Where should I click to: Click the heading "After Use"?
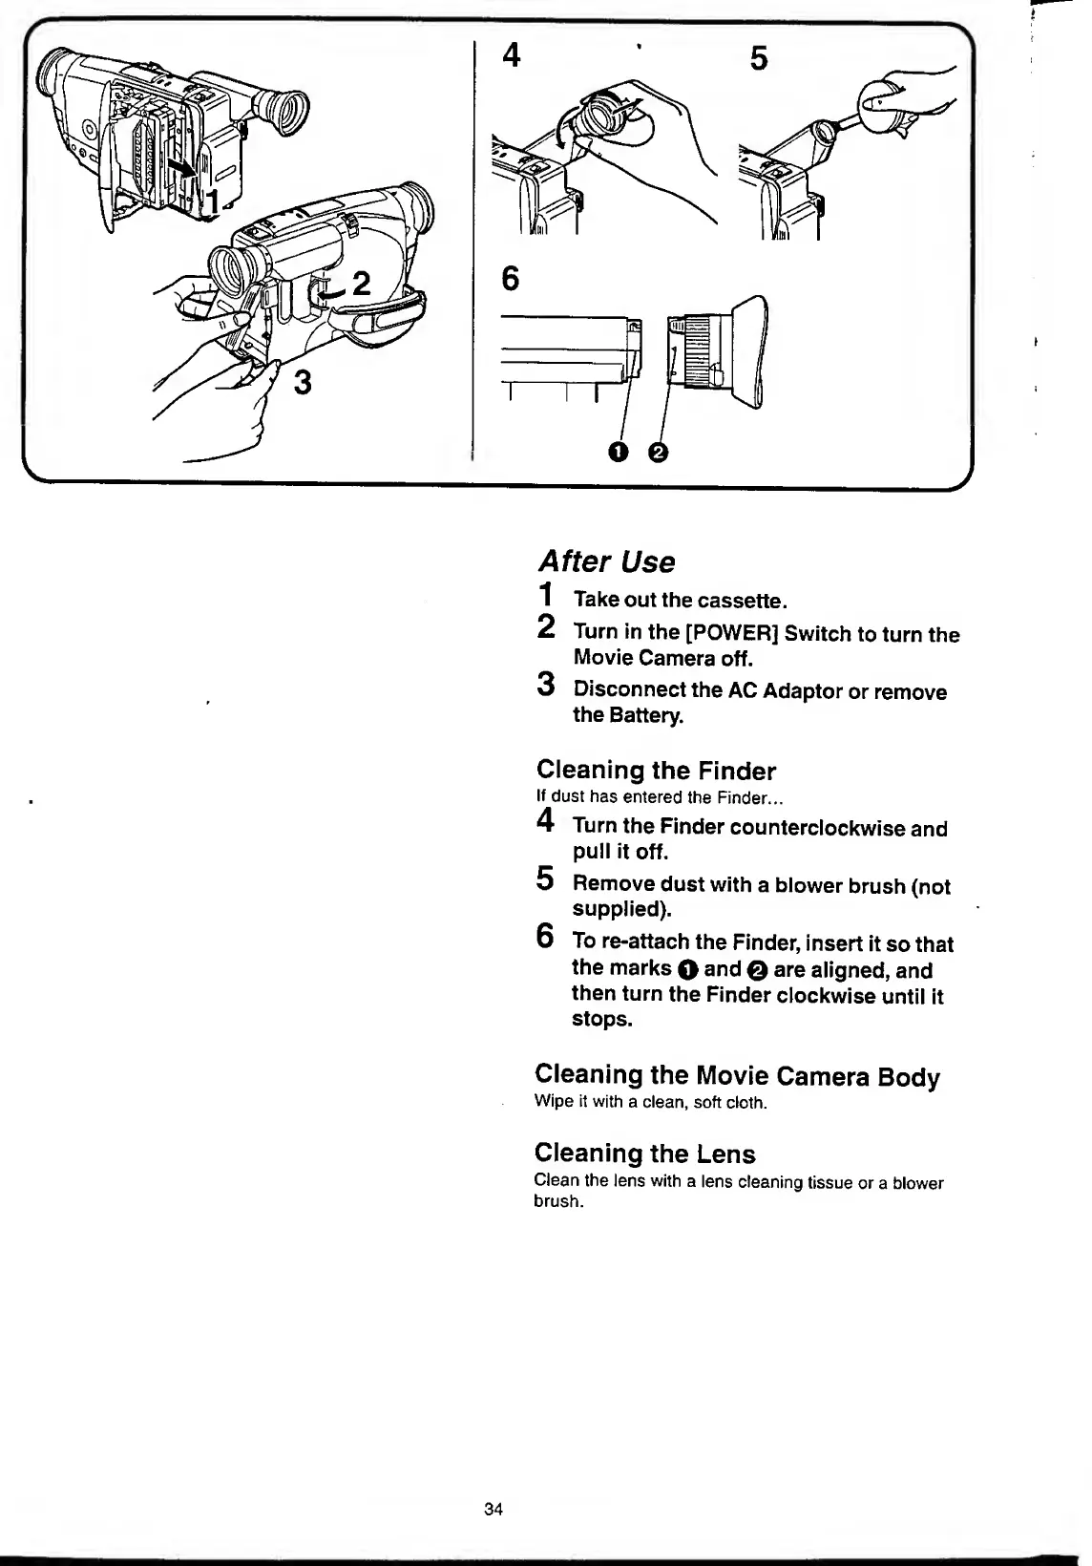pos(606,561)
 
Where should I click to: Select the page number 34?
pos(493,1510)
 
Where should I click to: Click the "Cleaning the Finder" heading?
pos(656,771)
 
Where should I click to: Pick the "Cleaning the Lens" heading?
pos(644,1153)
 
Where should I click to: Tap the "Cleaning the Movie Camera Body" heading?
pos(737,1076)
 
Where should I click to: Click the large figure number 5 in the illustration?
pos(758,60)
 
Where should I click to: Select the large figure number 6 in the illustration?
pos(511,279)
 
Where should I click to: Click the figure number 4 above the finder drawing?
pos(512,56)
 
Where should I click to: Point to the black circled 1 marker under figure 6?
pos(619,452)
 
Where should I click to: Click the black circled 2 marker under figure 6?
pos(657,452)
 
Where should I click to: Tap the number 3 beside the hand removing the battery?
pos(302,383)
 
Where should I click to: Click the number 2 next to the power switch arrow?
pos(361,284)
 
